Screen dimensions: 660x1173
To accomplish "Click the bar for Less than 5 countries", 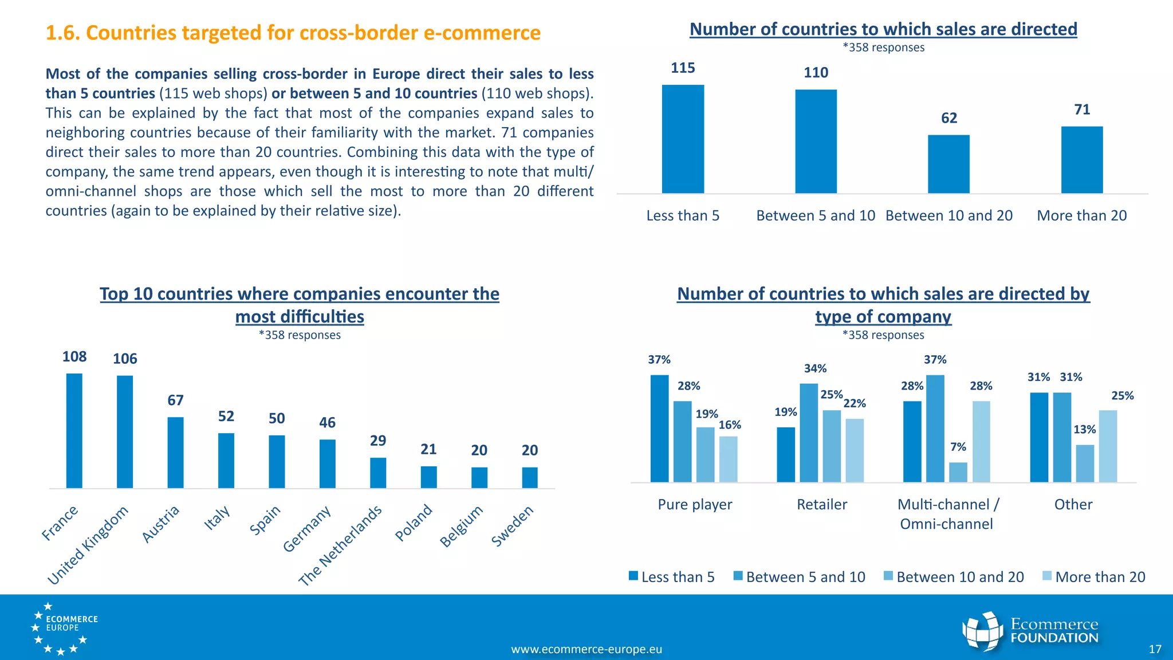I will tap(683, 139).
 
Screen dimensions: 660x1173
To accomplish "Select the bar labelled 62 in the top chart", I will tap(948, 164).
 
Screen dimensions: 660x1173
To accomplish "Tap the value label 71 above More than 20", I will tap(1082, 109).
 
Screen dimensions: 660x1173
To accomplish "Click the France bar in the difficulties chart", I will tap(74, 431).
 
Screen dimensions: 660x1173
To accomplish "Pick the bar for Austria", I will tap(175, 453).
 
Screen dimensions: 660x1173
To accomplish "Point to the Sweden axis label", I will tap(513, 525).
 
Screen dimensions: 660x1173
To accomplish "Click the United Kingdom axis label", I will tap(88, 545).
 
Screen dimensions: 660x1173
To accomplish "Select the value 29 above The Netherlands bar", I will tap(378, 441).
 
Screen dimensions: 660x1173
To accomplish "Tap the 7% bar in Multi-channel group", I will tap(958, 472).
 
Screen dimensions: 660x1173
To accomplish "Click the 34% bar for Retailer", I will tap(809, 433).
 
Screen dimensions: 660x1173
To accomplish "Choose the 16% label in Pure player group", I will tap(730, 425).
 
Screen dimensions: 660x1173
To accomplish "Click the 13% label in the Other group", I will tap(1084, 430).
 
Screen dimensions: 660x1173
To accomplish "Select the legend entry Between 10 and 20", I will tap(954, 577).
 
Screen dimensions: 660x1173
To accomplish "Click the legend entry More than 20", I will tap(1093, 577).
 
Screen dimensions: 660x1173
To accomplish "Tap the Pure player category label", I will tap(695, 505).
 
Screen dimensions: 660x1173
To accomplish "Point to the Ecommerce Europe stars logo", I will tap(63, 628).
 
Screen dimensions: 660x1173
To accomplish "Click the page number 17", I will tap(1155, 649).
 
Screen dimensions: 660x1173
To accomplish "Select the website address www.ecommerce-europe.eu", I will tap(586, 649).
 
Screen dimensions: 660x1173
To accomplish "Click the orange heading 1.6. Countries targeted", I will tap(293, 33).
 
